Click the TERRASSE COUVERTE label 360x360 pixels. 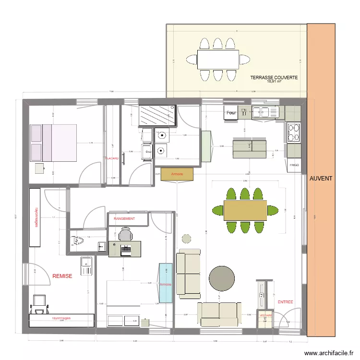point(274,77)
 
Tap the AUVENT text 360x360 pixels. point(320,178)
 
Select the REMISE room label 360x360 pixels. point(62,276)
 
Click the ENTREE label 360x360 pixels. point(285,302)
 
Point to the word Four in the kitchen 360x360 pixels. point(231,113)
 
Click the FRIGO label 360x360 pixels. point(294,165)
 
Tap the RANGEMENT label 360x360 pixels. point(124,219)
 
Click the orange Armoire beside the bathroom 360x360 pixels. point(177,175)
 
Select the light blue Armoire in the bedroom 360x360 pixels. point(166,283)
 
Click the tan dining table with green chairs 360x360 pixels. point(245,210)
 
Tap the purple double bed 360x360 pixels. point(53,143)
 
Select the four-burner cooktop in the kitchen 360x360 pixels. point(293,133)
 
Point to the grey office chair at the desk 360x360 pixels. point(125,235)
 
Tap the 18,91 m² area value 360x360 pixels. point(274,81)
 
